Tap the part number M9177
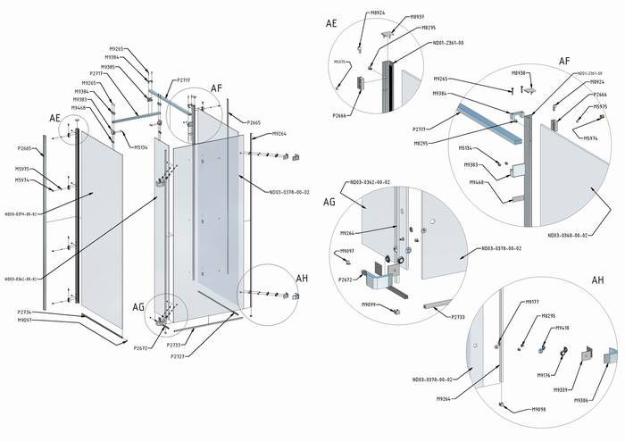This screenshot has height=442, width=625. pos(532,302)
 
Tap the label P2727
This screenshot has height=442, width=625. pos(178,356)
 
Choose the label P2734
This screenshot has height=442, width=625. pos(24,312)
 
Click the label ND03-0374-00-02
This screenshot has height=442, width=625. pos(21,214)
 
